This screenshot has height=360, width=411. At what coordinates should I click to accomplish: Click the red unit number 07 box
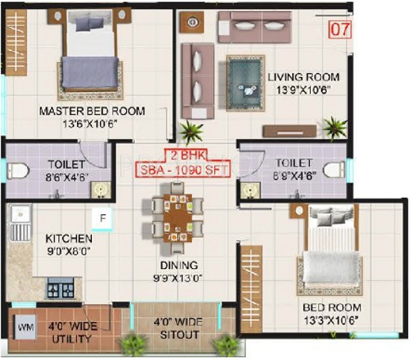[x=339, y=32]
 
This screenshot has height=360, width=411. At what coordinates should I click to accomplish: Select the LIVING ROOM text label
[x=303, y=77]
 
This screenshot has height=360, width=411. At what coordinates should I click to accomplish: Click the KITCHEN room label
[x=67, y=239]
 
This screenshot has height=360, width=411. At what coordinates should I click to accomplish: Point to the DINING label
[x=178, y=265]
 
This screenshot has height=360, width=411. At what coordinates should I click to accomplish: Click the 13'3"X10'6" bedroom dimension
[x=332, y=320]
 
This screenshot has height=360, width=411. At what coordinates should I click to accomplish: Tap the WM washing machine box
[x=25, y=326]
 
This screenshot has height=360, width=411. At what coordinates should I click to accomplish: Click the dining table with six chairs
[x=176, y=217]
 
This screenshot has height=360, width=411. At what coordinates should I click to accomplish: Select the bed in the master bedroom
[x=89, y=60]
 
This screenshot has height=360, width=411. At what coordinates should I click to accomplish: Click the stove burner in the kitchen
[x=56, y=286]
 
